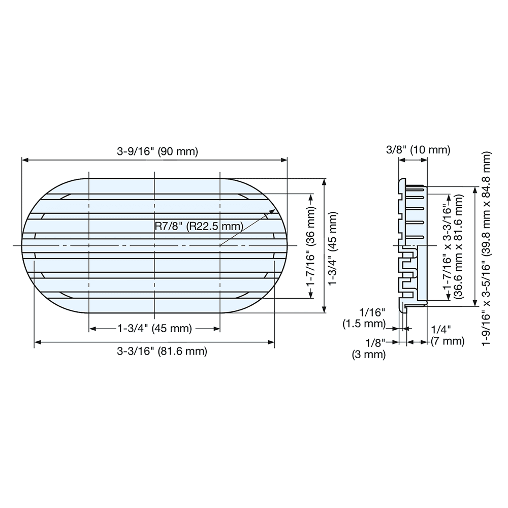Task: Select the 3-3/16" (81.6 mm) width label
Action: pyautogui.click(x=154, y=351)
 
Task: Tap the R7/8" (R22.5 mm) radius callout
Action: pyautogui.click(x=199, y=226)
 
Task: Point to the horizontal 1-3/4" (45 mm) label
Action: pyautogui.click(x=154, y=329)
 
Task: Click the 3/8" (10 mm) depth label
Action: pyautogui.click(x=418, y=149)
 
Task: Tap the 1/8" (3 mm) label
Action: pyautogui.click(x=369, y=349)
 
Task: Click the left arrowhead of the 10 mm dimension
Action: pyautogui.click(x=401, y=160)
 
